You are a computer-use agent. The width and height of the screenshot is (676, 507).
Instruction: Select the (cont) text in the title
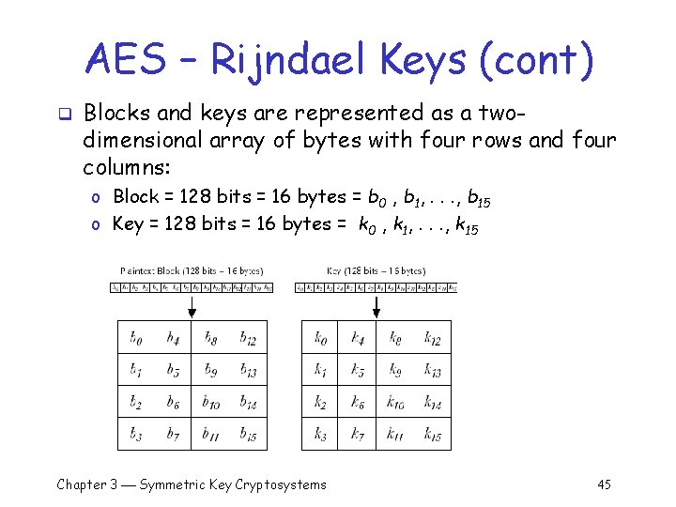[535, 61]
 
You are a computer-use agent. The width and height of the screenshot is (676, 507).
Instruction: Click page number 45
[604, 484]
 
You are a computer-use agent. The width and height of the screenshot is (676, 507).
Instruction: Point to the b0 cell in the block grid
[137, 338]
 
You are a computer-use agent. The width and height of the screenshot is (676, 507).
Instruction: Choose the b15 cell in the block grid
[248, 433]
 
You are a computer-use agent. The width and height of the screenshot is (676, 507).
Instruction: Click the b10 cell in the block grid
[211, 402]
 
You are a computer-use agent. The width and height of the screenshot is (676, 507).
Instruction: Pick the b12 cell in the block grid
[248, 338]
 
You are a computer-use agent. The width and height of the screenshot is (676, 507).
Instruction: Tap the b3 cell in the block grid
[137, 433]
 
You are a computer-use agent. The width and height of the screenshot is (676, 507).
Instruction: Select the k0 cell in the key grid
[321, 338]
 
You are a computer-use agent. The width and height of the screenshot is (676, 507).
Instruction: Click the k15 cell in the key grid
[432, 433]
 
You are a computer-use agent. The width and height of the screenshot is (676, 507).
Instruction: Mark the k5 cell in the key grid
[358, 370]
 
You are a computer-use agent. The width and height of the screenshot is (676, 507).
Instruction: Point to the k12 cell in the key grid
[432, 338]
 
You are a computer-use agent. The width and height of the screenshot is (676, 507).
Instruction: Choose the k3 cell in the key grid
[321, 433]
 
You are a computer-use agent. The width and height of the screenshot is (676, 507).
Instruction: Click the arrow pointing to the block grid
[192, 306]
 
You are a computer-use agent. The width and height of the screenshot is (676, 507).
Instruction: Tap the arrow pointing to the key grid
[376, 306]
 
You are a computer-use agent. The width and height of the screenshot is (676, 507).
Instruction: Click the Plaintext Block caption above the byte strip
[191, 270]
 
